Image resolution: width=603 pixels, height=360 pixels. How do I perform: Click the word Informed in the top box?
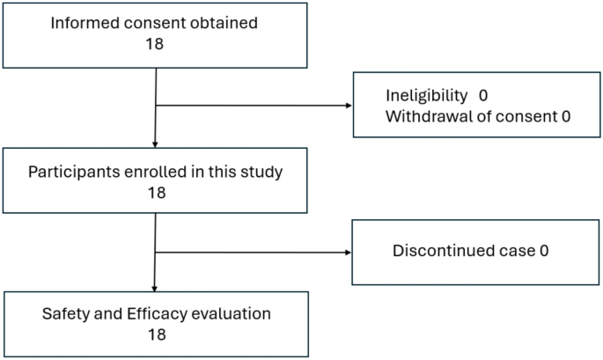tap(84, 24)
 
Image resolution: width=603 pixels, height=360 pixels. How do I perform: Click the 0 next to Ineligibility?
tap(483, 94)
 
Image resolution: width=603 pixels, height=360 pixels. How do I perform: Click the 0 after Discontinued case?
tap(544, 251)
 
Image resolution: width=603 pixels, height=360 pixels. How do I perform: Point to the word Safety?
tap(62, 313)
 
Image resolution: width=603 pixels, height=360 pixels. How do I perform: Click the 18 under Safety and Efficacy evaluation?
tap(155, 334)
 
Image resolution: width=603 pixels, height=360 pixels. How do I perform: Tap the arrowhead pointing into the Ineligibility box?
tap(348, 107)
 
